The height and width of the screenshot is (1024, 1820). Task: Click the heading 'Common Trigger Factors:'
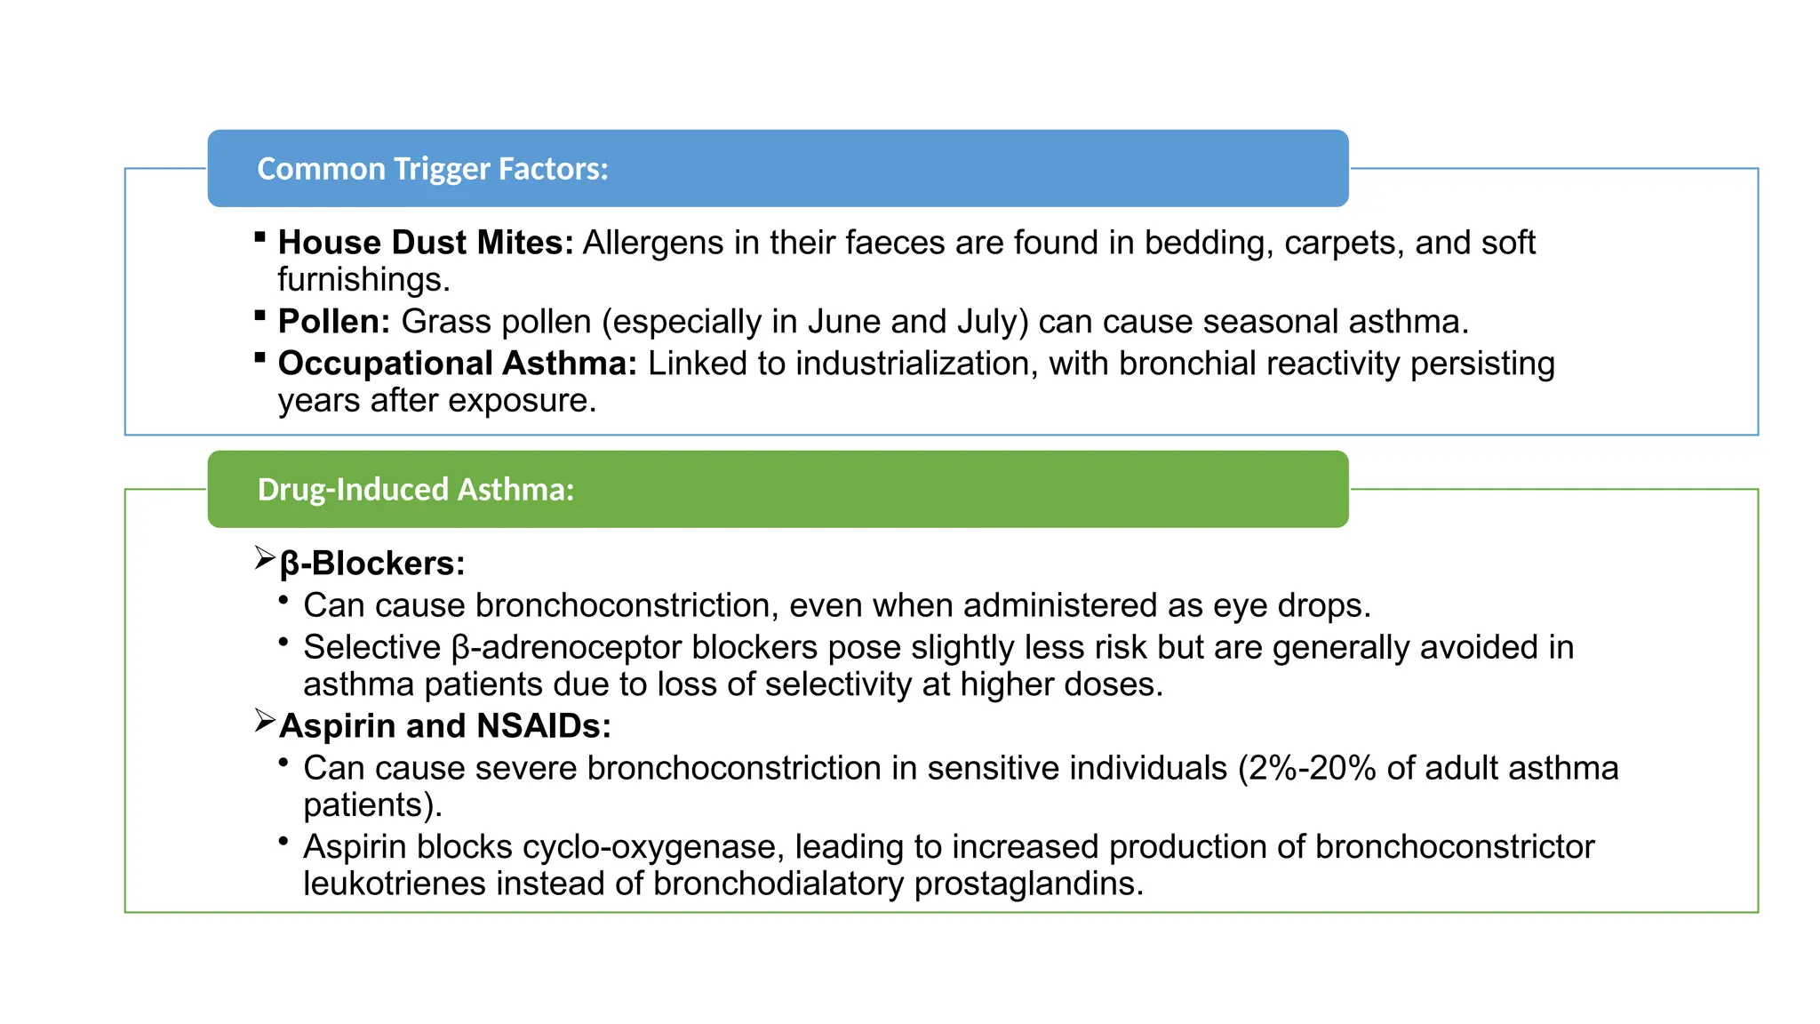pos(432,169)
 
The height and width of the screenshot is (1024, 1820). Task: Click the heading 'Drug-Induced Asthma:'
pos(415,490)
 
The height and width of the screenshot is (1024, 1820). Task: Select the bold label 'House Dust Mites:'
pos(426,243)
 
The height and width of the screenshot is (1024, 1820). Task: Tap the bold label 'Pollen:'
pos(334,322)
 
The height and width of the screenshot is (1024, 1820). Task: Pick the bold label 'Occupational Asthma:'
pos(457,364)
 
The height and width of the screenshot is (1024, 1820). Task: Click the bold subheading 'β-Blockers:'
pos(371,564)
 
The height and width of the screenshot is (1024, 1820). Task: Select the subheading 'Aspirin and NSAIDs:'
pos(444,726)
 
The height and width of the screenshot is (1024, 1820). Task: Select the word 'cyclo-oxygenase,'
pos(653,847)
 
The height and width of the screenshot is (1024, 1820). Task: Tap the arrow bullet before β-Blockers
pos(265,558)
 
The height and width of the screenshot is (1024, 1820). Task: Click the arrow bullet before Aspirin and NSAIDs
pos(265,721)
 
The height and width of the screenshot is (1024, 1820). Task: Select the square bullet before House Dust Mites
pos(259,236)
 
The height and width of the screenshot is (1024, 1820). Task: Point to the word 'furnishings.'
pos(363,280)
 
